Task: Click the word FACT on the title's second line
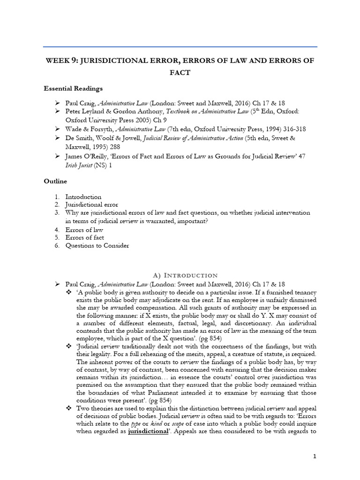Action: point(180,73)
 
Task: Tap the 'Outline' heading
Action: point(55,181)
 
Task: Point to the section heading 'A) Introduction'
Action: point(180,275)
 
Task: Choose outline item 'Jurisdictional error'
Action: point(91,205)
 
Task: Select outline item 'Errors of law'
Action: point(84,230)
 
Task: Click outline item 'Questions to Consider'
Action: point(97,246)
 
